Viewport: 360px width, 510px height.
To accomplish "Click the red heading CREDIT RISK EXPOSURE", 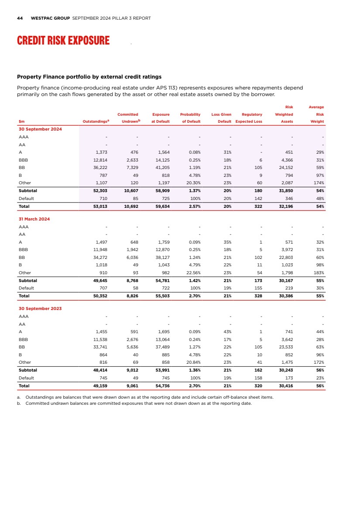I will pyautogui.click(x=63, y=41).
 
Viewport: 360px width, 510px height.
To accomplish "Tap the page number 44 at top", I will pyautogui.click(x=20, y=18).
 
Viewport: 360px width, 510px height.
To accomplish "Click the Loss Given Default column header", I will pyautogui.click(x=221, y=118).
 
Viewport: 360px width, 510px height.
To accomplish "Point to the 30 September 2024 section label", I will pyautogui.click(x=40, y=129).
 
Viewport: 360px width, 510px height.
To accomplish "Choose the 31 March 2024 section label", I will pyautogui.click(x=34, y=219).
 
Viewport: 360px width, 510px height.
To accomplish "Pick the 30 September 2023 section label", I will pyautogui.click(x=40, y=308).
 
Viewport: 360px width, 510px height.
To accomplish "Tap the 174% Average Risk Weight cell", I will pyautogui.click(x=317, y=183).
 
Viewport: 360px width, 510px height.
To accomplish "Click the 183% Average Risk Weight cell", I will pyautogui.click(x=317, y=272).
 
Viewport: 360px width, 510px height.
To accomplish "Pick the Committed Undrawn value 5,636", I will pyautogui.click(x=131, y=347).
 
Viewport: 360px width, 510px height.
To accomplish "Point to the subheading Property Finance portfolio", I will pyautogui.click(x=89, y=77).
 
